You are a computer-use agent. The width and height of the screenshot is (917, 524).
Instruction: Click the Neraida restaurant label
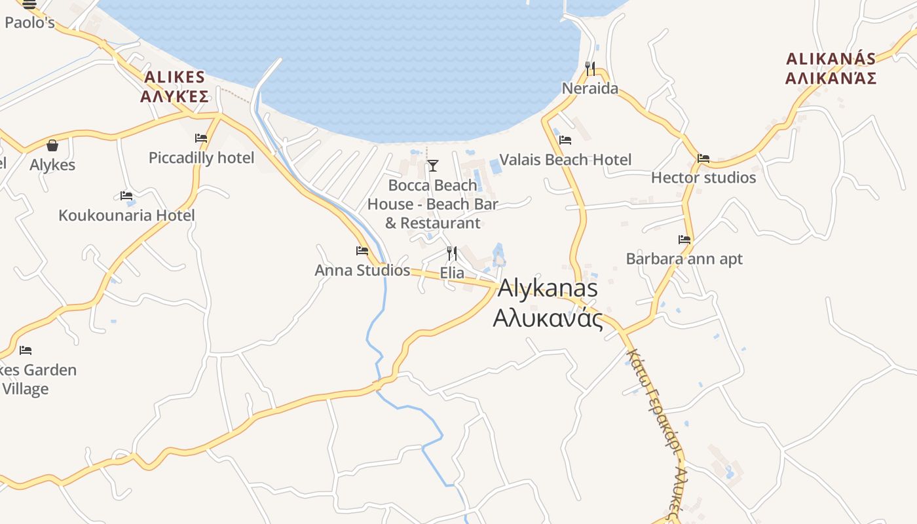tap(590, 88)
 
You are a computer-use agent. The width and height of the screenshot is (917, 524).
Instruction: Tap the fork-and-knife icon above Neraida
tap(590, 68)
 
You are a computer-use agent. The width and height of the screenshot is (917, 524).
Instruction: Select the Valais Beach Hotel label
tap(565, 160)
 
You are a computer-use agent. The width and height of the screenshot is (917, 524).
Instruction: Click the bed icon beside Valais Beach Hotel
tap(565, 140)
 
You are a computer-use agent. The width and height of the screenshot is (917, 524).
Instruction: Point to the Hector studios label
tap(703, 178)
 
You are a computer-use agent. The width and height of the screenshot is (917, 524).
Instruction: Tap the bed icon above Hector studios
tap(703, 159)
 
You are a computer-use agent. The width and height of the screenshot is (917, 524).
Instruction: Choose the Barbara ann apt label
tap(684, 259)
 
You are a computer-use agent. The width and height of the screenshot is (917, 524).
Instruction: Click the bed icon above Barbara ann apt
tap(684, 240)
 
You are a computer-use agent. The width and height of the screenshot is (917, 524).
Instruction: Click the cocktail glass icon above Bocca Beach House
tap(432, 166)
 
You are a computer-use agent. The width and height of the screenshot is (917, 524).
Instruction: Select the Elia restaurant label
tap(452, 273)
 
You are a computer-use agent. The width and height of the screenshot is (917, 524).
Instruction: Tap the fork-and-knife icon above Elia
tap(451, 253)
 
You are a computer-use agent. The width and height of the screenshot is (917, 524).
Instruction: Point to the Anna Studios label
tap(362, 271)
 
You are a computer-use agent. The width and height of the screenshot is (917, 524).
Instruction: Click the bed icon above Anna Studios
tap(362, 251)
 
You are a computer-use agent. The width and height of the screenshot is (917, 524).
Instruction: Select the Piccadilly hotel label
tap(201, 158)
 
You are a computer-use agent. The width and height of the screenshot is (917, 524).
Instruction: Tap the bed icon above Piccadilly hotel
tap(201, 138)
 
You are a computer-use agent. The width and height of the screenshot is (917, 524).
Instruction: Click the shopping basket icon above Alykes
tap(52, 145)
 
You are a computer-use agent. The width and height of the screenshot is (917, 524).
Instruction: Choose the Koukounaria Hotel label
tap(126, 215)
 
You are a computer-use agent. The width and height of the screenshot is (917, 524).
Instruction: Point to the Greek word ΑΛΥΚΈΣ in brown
tap(174, 97)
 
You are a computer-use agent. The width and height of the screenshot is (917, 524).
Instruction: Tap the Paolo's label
tap(29, 23)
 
